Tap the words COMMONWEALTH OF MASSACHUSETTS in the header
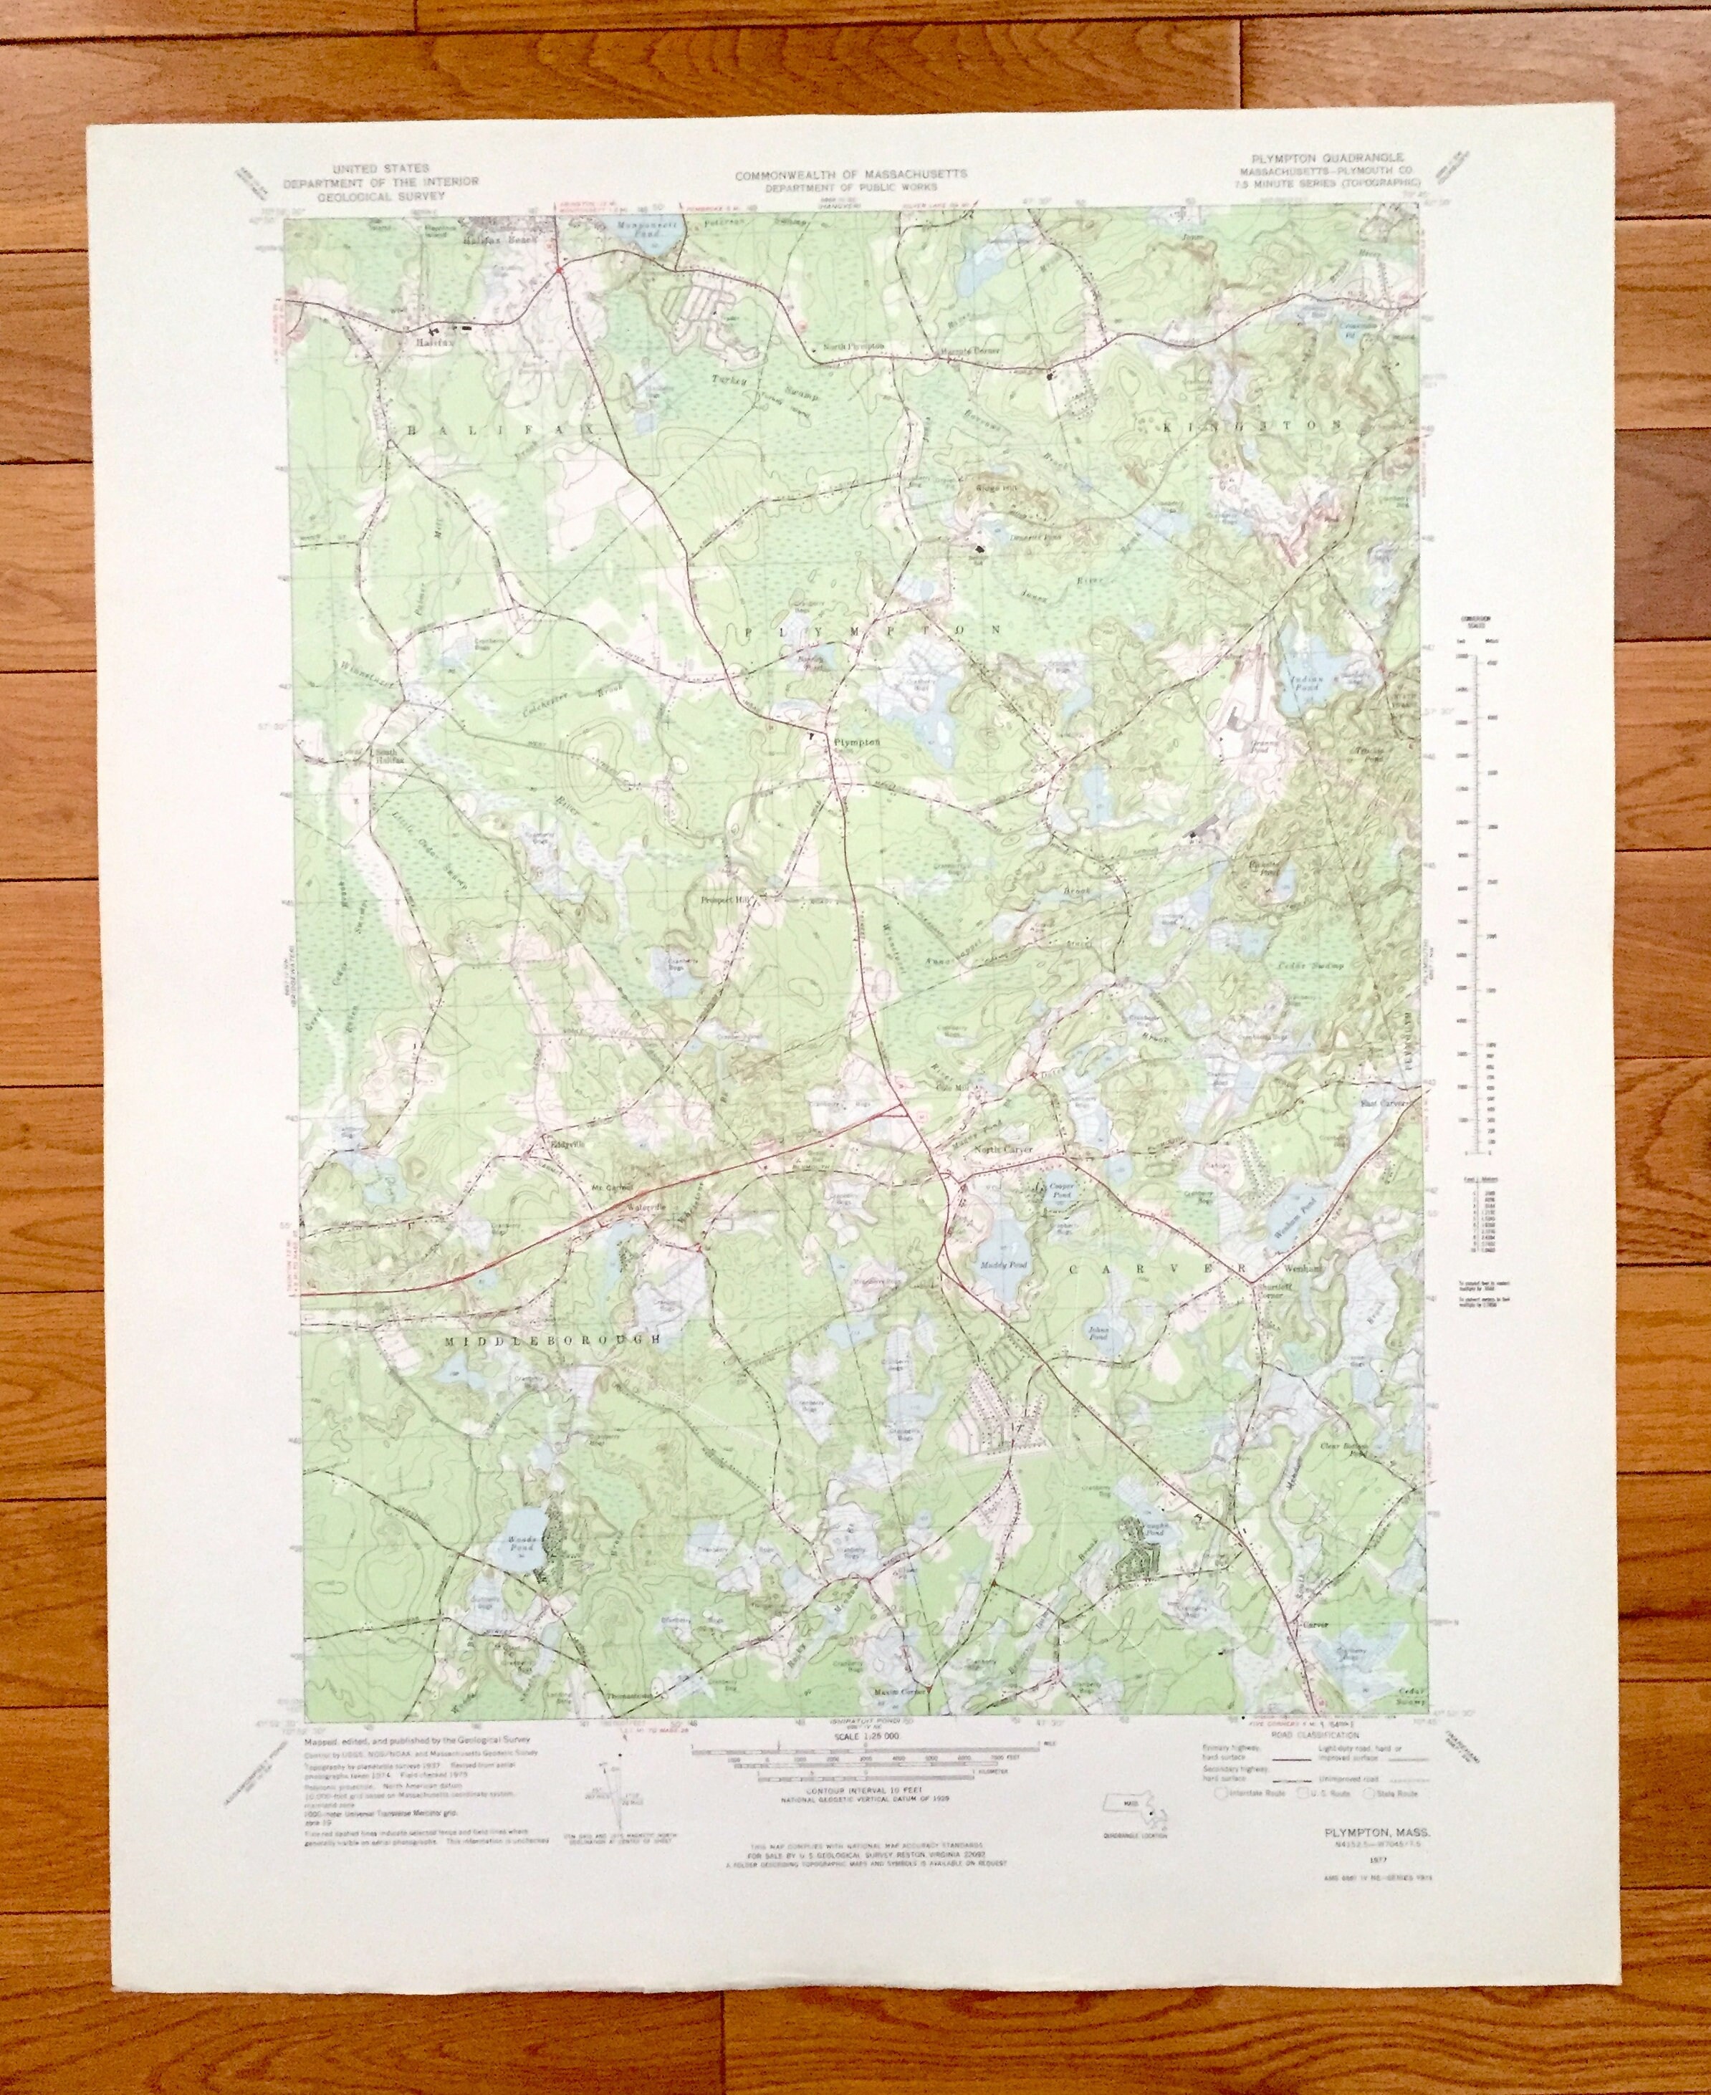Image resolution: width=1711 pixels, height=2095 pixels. tap(850, 173)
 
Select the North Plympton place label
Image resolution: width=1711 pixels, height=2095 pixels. tap(853, 347)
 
